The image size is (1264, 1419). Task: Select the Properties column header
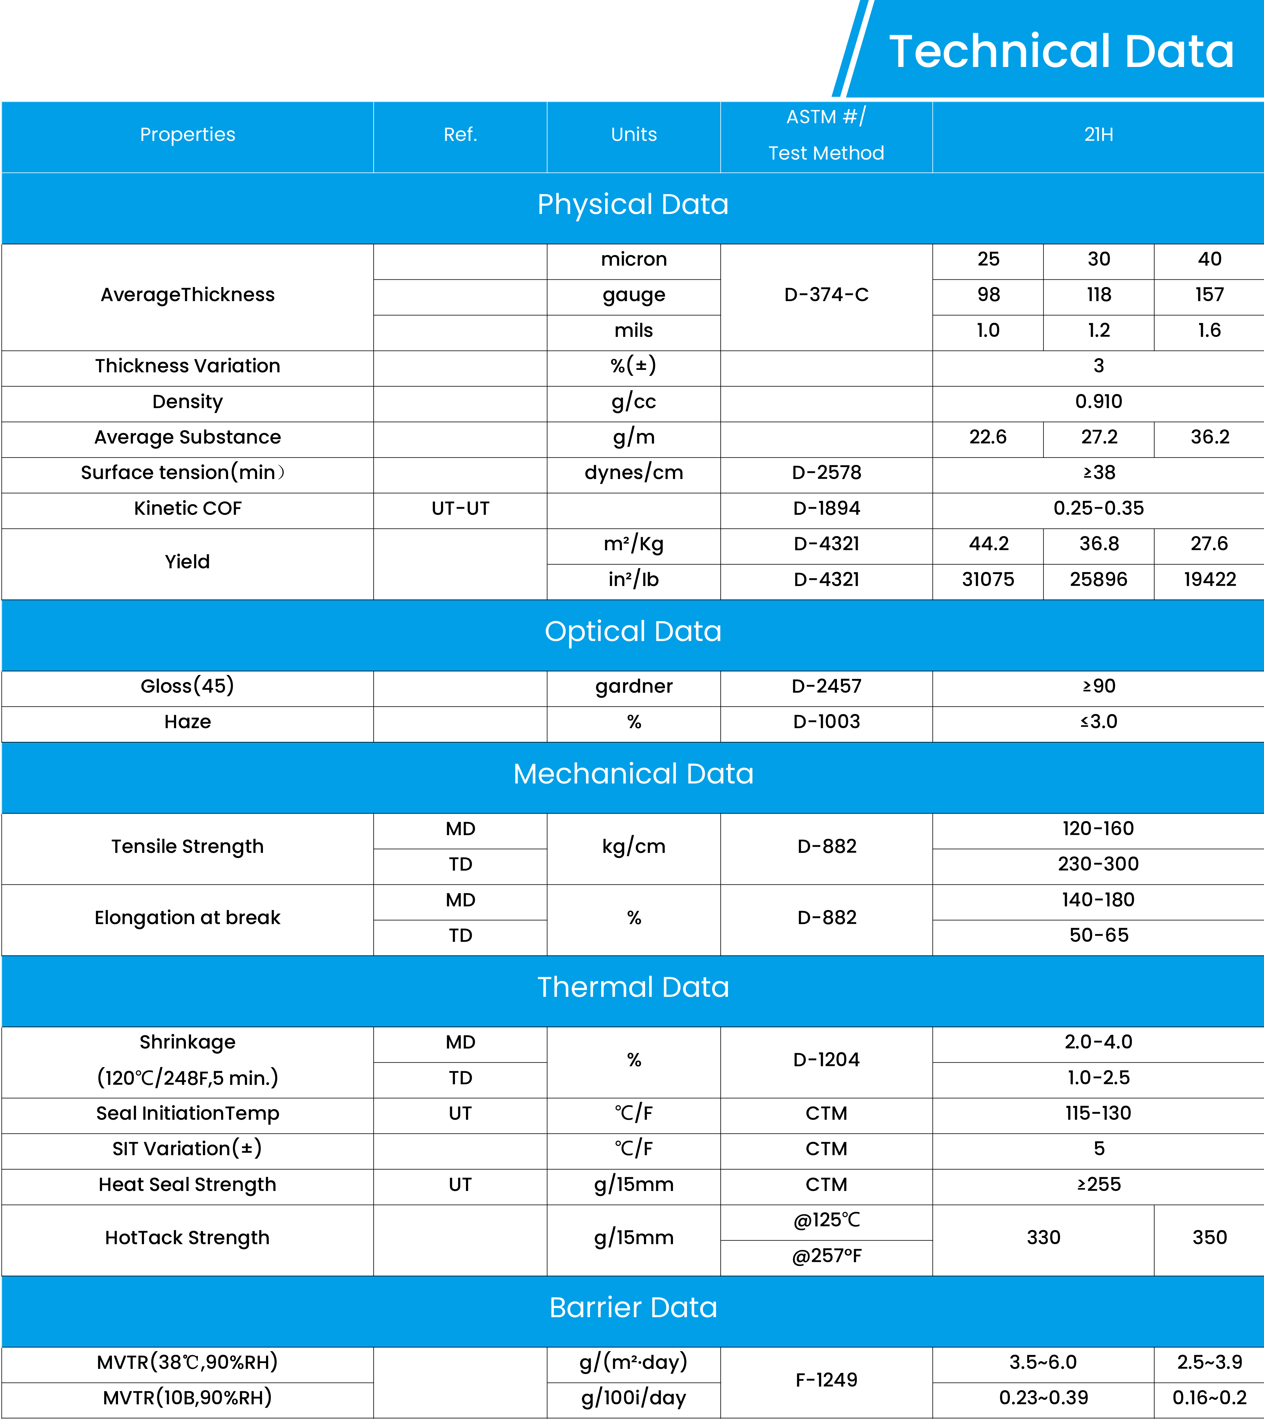[187, 135]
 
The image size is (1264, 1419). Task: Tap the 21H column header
[1098, 135]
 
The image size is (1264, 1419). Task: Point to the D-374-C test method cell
[826, 295]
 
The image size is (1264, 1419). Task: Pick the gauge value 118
[1099, 295]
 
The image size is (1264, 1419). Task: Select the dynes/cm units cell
[634, 473]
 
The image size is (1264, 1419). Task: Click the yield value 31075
[988, 580]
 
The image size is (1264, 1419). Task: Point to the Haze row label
[187, 722]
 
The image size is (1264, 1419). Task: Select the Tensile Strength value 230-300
[1098, 864]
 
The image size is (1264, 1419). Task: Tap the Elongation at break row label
[187, 918]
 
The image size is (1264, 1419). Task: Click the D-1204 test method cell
[826, 1060]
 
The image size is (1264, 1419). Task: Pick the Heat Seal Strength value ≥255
[1098, 1184]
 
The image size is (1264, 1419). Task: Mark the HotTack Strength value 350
[1209, 1238]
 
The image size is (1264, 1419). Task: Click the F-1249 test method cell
[826, 1380]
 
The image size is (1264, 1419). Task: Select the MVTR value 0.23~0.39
[1043, 1398]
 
